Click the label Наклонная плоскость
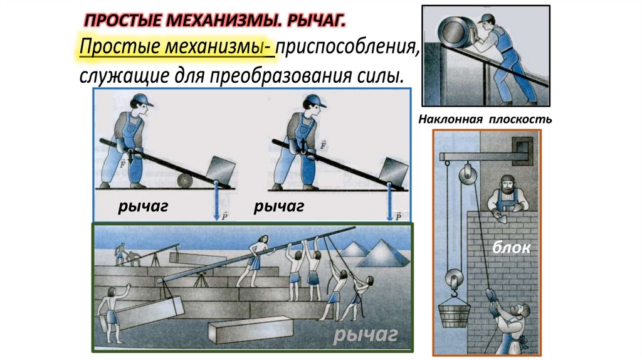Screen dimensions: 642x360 click(x=486, y=119)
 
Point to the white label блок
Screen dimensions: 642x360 click(x=510, y=249)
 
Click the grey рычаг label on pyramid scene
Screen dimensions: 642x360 click(x=366, y=337)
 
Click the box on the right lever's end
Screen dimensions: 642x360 click(x=393, y=170)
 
